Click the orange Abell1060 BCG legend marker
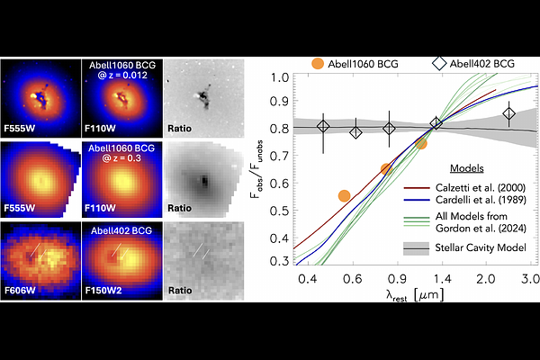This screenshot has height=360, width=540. click(x=318, y=64)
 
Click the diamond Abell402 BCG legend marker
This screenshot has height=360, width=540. click(x=439, y=64)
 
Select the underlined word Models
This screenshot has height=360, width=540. click(x=468, y=168)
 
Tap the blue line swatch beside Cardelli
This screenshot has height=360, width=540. click(x=412, y=198)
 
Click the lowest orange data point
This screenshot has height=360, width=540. click(x=344, y=195)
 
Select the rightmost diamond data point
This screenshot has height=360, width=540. click(x=509, y=113)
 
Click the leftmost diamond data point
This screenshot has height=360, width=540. click(x=324, y=127)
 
